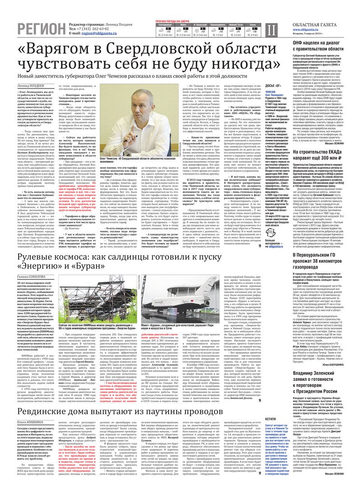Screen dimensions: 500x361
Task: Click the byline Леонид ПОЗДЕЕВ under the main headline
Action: point(31,85)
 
